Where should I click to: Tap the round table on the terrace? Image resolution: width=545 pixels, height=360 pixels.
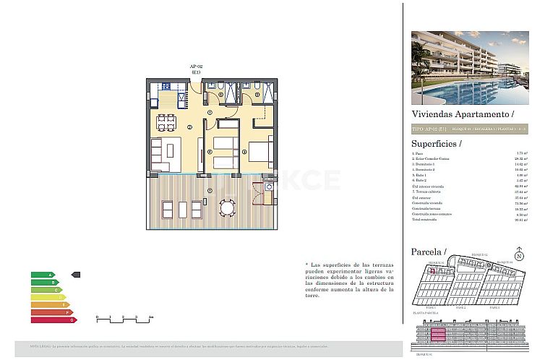tap(228, 209)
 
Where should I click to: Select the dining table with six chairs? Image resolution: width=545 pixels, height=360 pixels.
tap(166, 121)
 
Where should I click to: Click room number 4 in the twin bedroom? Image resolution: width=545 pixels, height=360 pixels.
tap(210, 152)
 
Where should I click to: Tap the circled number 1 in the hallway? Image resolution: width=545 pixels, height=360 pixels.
tap(210, 113)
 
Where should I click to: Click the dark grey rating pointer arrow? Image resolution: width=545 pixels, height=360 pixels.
tap(77, 275)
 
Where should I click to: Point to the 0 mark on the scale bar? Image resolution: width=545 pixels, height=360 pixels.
tap(97, 317)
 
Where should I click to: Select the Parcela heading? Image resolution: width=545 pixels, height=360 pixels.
tap(427, 251)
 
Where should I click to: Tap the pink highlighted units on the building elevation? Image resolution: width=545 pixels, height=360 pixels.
tap(438, 334)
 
